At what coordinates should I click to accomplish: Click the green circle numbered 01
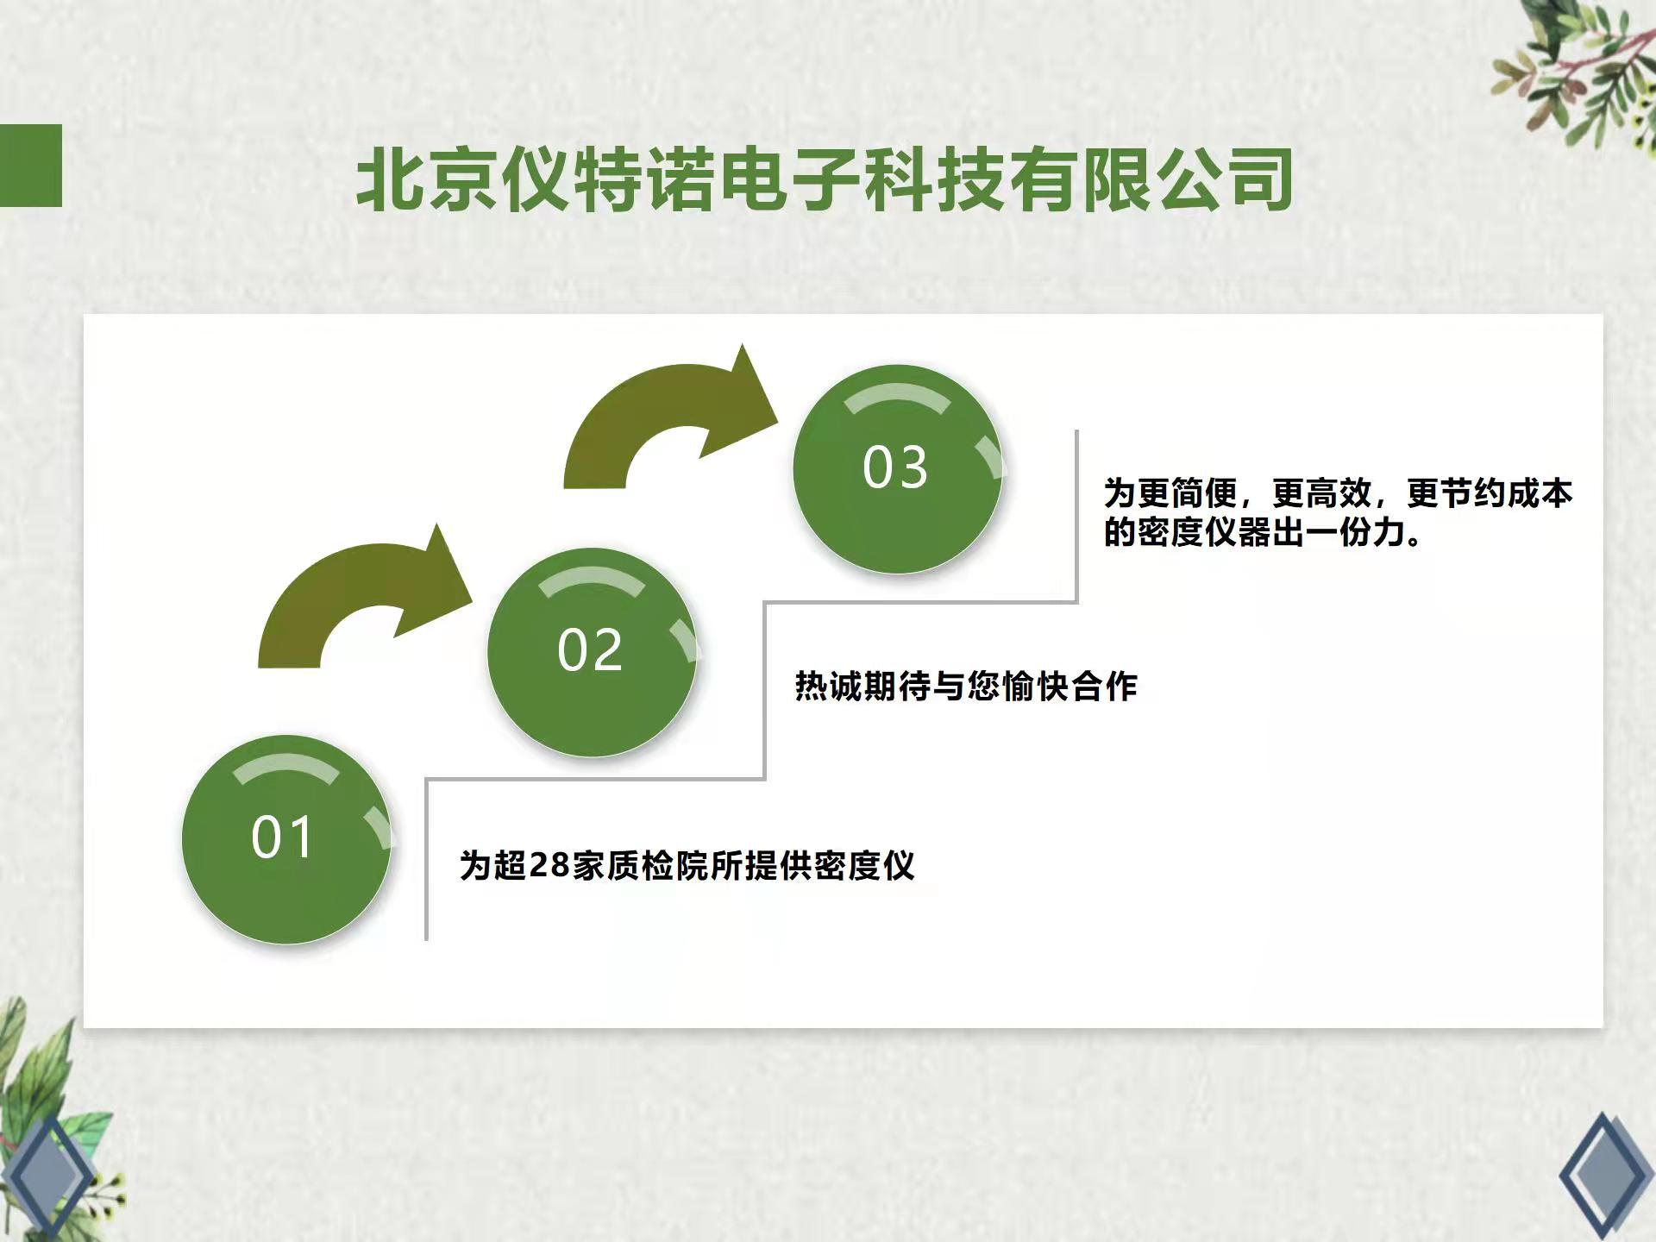[285, 838]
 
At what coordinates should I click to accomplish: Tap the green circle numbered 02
[592, 652]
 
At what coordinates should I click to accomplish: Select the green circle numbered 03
[897, 469]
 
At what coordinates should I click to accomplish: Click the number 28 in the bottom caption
[549, 865]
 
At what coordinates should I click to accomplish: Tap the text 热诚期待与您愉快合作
[966, 687]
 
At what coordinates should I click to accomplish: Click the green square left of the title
[31, 166]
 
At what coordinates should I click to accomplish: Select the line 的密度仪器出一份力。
[1264, 532]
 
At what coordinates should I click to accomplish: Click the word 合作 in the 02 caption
[1105, 687]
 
